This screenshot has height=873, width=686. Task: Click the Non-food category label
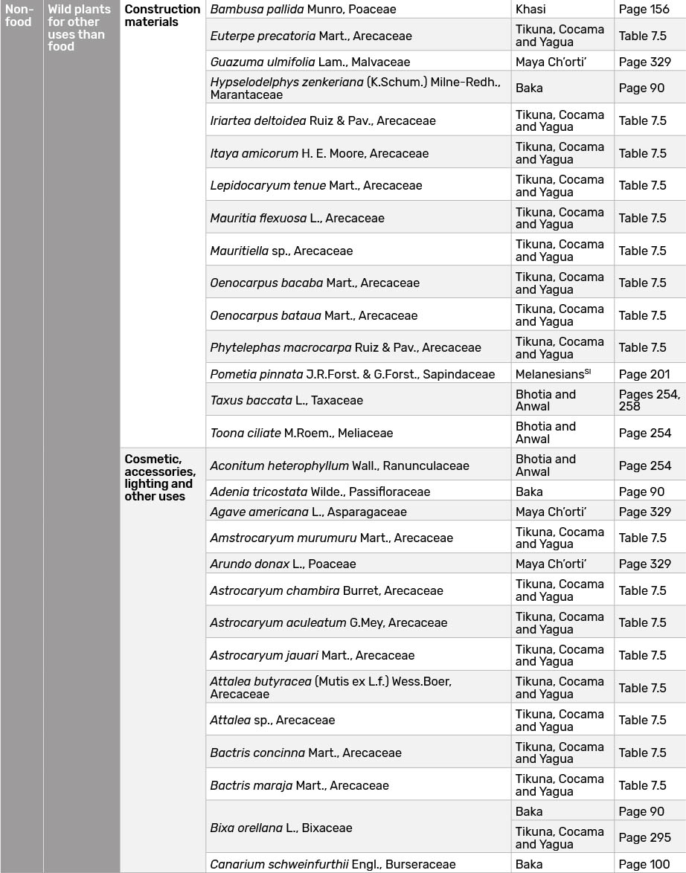click(19, 16)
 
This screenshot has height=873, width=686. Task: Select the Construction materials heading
click(161, 16)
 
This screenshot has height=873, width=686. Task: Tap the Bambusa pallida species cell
click(303, 10)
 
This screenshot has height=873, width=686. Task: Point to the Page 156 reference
click(644, 10)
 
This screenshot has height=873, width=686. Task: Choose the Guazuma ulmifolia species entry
click(310, 62)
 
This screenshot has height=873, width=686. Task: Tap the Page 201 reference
click(644, 374)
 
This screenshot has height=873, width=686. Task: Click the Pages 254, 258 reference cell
click(649, 400)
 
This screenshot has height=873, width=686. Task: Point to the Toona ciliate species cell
click(301, 433)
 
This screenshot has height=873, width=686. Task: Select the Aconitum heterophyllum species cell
click(339, 466)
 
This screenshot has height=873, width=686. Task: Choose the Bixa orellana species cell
click(281, 828)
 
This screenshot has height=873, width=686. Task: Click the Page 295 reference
click(644, 837)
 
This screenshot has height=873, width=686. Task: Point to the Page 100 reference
click(644, 864)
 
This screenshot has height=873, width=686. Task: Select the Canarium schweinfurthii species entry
click(333, 864)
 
